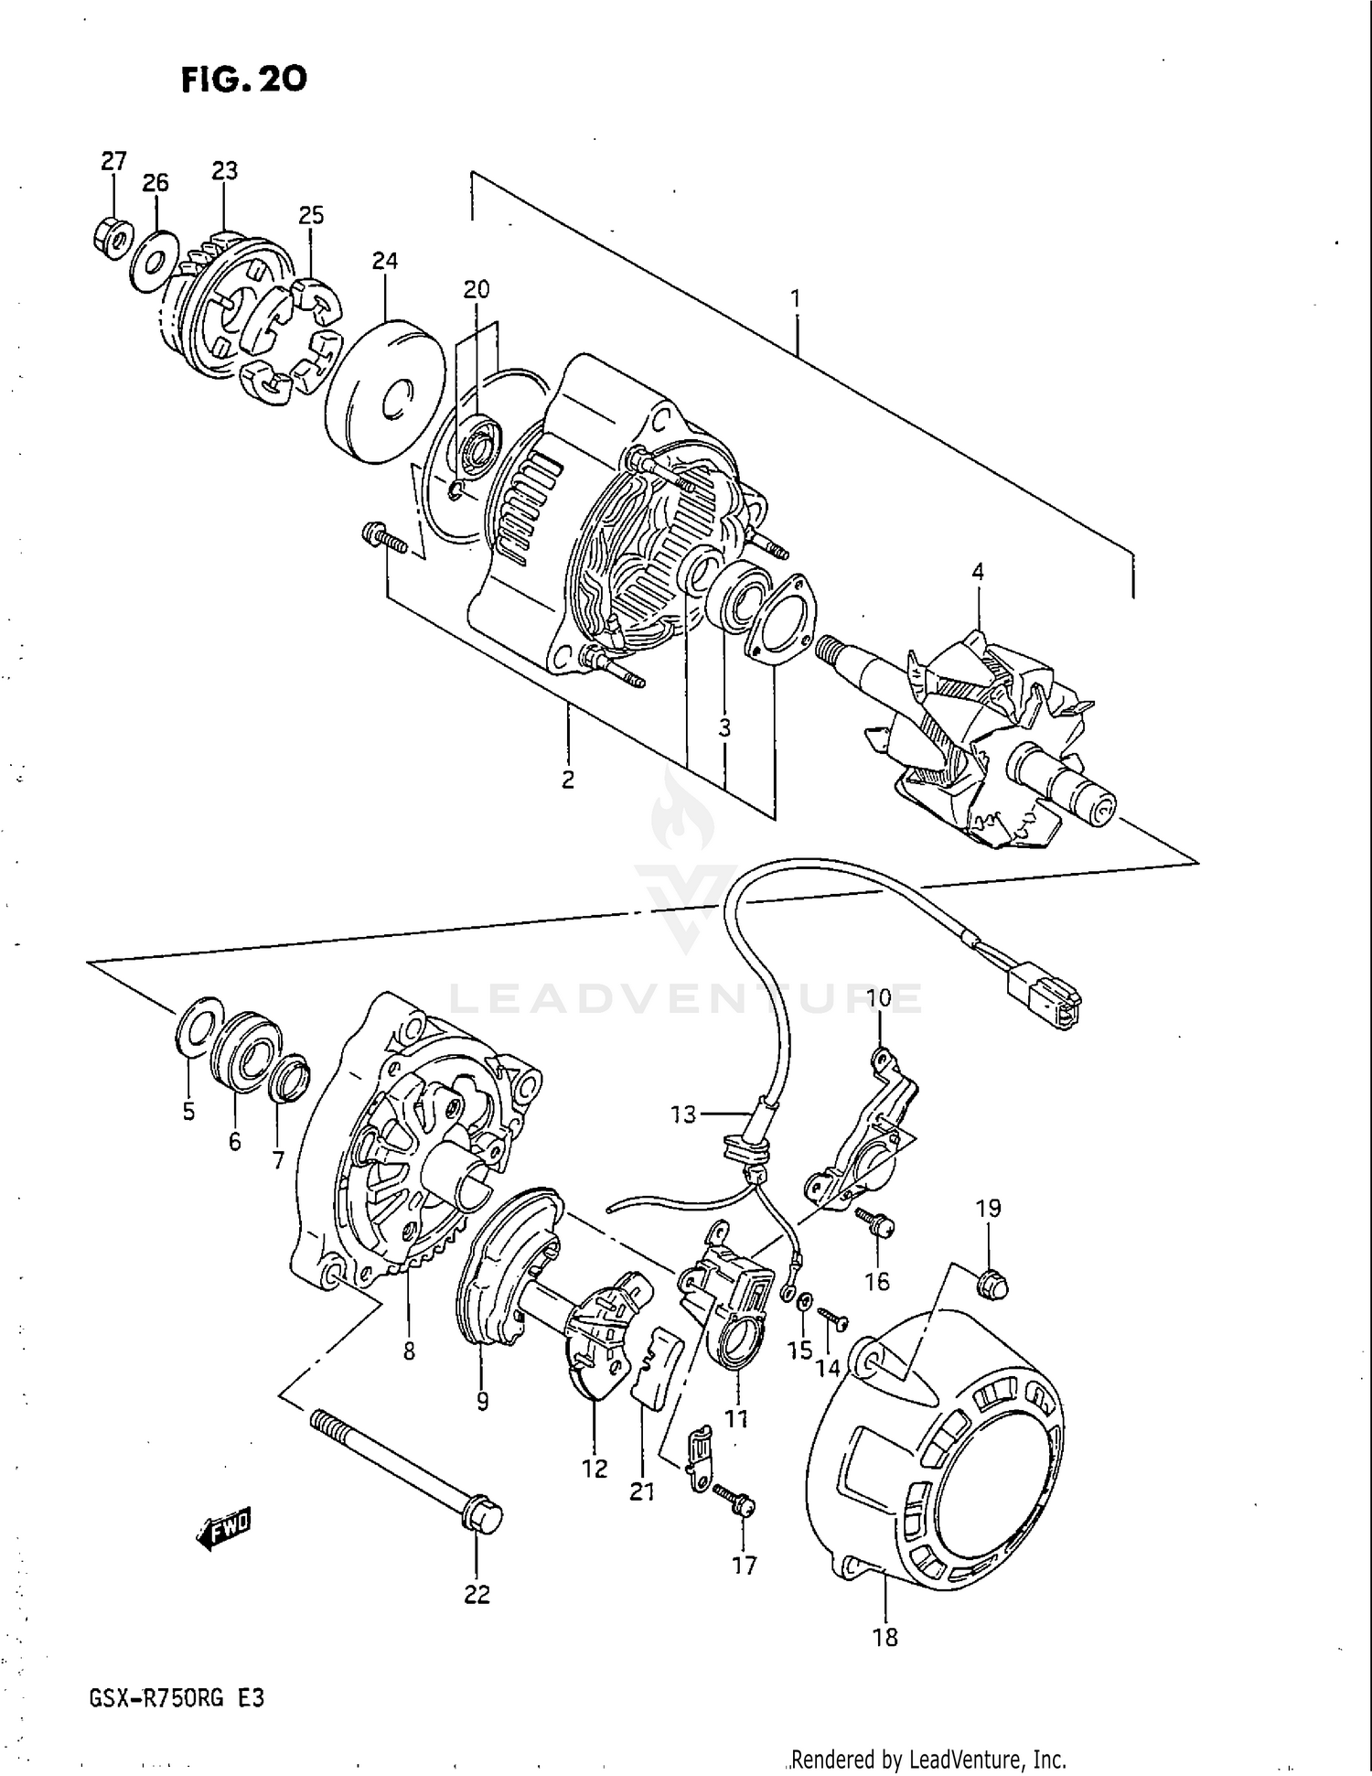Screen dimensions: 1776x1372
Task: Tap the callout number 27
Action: click(113, 162)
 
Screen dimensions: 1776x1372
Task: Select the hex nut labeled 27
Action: click(113, 237)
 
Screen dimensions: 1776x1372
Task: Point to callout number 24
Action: click(384, 262)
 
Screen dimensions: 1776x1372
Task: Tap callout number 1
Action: click(796, 298)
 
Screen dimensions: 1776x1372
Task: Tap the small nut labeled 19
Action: click(991, 1285)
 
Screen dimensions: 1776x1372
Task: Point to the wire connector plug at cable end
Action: click(1043, 997)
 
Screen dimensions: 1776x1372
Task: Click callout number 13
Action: click(682, 1114)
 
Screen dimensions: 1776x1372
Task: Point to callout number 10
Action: click(878, 997)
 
